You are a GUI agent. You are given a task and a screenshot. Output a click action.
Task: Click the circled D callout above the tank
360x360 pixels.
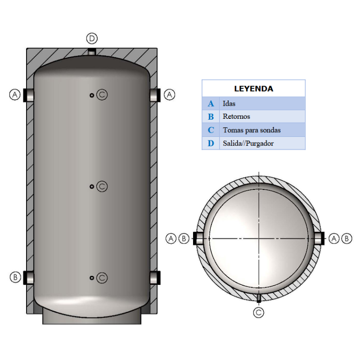coord(92,38)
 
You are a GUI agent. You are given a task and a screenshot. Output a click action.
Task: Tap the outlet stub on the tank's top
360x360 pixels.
coord(92,52)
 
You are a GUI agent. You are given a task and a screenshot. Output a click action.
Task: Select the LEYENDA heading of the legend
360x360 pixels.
coord(253,89)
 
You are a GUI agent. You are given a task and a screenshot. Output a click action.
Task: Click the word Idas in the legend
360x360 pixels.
coord(229,103)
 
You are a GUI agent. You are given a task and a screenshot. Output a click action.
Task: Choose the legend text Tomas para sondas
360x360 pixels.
coord(252,130)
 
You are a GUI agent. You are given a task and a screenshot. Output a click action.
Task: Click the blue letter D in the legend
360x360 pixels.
coord(211,144)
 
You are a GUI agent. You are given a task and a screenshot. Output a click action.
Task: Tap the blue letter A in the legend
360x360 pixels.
coord(211,103)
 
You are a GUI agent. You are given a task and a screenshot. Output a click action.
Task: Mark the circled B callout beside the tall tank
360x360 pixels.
coord(15,277)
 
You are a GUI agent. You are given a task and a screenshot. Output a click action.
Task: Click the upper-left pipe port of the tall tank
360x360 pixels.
coord(29,95)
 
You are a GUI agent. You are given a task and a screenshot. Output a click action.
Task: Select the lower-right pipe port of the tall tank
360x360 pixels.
coord(155,277)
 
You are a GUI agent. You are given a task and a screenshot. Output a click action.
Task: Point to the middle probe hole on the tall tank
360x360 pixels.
coord(92,186)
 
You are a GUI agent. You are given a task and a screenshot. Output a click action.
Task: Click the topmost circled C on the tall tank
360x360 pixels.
coord(102,95)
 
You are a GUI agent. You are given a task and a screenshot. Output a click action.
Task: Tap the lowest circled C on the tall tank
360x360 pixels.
coord(102,278)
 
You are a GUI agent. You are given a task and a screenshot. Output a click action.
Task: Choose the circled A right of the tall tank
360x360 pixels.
coord(169,95)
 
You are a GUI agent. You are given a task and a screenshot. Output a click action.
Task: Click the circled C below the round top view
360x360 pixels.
coord(258,313)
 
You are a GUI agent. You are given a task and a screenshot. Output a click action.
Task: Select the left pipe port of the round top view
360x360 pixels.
coord(198,238)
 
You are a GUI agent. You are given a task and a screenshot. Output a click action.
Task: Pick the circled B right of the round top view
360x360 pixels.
coord(346,238)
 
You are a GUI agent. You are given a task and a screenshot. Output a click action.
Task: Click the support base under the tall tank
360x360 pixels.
coord(92,318)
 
